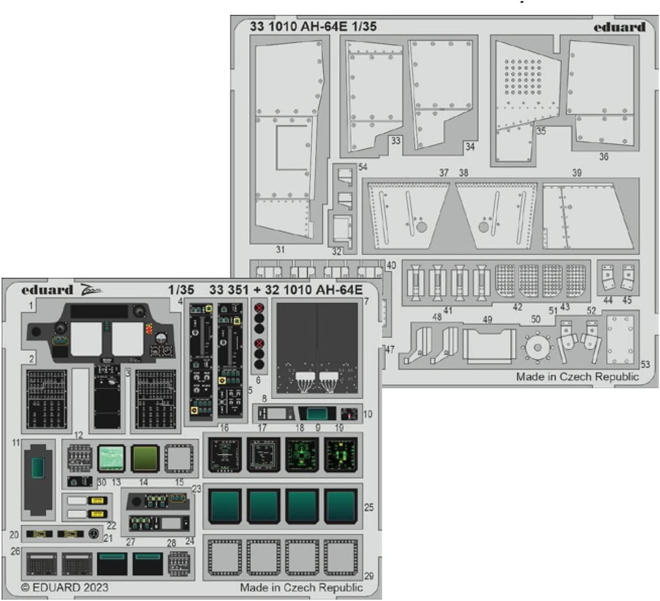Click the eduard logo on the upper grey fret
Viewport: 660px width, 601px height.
pos(619,27)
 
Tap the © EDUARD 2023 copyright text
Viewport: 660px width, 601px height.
pos(65,588)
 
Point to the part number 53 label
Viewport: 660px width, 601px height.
pos(645,364)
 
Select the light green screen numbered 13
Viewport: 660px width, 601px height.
pos(112,458)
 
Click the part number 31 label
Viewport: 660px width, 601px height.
pos(280,249)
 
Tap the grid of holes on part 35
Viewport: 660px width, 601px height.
pos(523,77)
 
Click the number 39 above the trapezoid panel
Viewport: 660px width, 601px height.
pos(577,173)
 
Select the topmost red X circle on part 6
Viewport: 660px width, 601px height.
pos(259,308)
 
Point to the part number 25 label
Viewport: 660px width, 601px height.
pos(369,507)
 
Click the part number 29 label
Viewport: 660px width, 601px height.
pos(369,576)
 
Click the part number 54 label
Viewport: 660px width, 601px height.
pos(363,167)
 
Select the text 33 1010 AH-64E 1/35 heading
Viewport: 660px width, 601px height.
pos(313,26)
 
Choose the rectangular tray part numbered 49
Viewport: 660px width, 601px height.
pos(489,346)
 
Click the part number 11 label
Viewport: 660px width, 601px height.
pos(16,443)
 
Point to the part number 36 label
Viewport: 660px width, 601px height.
pos(604,156)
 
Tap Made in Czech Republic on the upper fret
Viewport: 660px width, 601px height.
pos(577,377)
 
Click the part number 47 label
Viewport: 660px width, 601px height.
pos(390,349)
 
